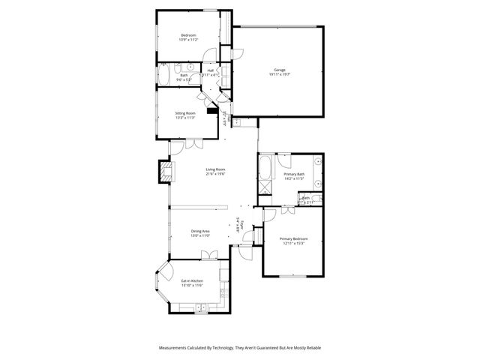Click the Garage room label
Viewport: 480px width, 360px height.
pyautogui.click(x=278, y=70)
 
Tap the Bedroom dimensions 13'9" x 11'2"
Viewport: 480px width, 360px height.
pyautogui.click(x=188, y=40)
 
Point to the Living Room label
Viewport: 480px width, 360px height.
pyautogui.click(x=216, y=169)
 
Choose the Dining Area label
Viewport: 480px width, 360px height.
pyautogui.click(x=200, y=231)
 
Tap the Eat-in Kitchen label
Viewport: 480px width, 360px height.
pyautogui.click(x=192, y=280)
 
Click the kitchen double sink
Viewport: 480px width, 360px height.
pyautogui.click(x=200, y=307)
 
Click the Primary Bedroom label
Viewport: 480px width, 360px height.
pyautogui.click(x=294, y=238)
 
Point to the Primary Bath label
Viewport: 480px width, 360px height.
pyautogui.click(x=294, y=174)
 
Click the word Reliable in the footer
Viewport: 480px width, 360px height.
pyautogui.click(x=311, y=347)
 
